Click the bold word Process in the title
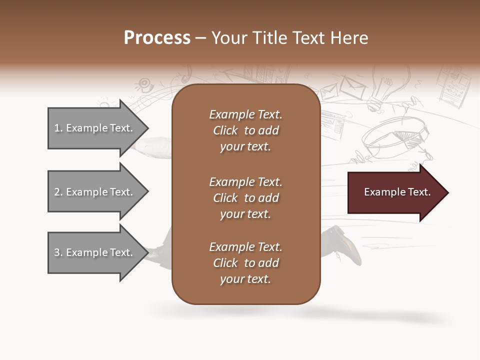[x=157, y=38]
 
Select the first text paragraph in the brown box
[x=245, y=130]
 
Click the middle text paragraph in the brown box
[x=245, y=197]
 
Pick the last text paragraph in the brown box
[x=245, y=263]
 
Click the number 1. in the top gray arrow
[x=58, y=128]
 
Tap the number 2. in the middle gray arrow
[x=58, y=192]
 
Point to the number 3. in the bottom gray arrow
[x=58, y=252]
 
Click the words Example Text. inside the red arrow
[x=397, y=192]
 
